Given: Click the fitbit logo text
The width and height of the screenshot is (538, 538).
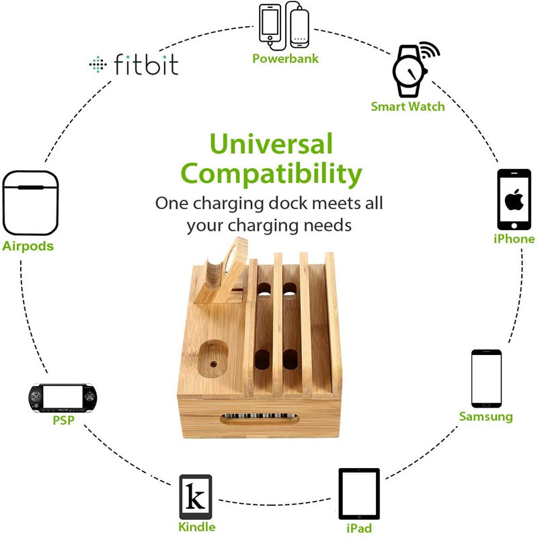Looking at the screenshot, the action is coord(146,64).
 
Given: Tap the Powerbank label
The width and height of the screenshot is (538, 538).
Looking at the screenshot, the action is coord(285,59).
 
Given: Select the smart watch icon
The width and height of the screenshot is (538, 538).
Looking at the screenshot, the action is coord(414,69).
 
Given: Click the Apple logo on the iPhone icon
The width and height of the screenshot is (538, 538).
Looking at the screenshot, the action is coord(514,199).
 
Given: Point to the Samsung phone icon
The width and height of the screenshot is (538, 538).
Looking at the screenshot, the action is coord(486,379).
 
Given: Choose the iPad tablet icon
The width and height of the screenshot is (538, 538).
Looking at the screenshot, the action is coord(359,494).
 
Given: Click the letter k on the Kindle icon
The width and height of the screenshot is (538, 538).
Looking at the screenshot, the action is coord(195,496).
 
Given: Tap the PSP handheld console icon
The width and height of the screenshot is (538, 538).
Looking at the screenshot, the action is coord(63,397).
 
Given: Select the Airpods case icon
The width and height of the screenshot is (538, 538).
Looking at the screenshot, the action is coord(30,203).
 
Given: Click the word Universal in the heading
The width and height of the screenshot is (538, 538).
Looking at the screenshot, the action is coord(271,143).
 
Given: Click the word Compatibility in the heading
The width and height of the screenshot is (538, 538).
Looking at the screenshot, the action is coord(271,174).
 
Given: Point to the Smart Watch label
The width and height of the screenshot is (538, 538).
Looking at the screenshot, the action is coord(408,106).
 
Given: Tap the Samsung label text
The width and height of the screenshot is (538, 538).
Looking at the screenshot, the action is coord(486,416).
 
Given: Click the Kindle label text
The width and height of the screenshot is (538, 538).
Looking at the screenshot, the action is coord(197,527).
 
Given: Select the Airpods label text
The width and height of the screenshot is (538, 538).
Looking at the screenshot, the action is coord(28,246).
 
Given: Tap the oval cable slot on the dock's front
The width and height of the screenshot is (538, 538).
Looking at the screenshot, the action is coord(259,419).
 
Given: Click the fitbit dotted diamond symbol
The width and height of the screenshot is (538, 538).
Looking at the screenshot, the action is coord(98,64).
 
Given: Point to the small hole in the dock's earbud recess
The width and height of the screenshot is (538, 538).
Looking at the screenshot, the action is coord(213,364).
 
